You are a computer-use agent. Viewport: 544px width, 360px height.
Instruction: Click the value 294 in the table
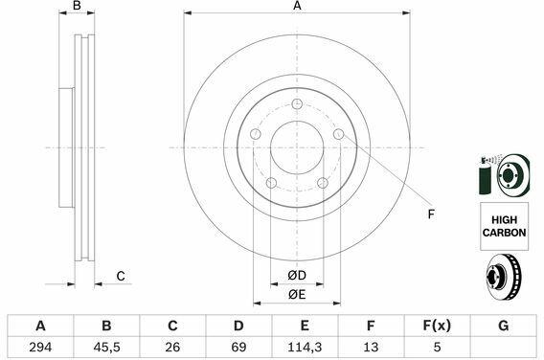click(40, 347)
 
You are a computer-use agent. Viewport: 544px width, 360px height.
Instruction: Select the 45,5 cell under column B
click(106, 347)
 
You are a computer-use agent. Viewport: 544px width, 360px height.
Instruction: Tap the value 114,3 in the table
click(305, 347)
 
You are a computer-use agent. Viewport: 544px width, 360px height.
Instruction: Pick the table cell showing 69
click(238, 347)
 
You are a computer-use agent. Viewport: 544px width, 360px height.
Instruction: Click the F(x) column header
click(437, 326)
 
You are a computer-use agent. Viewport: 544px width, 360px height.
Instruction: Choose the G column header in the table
click(504, 326)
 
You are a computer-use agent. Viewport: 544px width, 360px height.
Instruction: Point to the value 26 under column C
click(172, 347)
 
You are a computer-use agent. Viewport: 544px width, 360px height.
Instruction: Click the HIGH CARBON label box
click(504, 226)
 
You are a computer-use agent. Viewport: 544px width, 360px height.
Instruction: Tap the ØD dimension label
click(297, 276)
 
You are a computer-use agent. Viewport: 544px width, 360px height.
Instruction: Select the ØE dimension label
click(297, 295)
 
